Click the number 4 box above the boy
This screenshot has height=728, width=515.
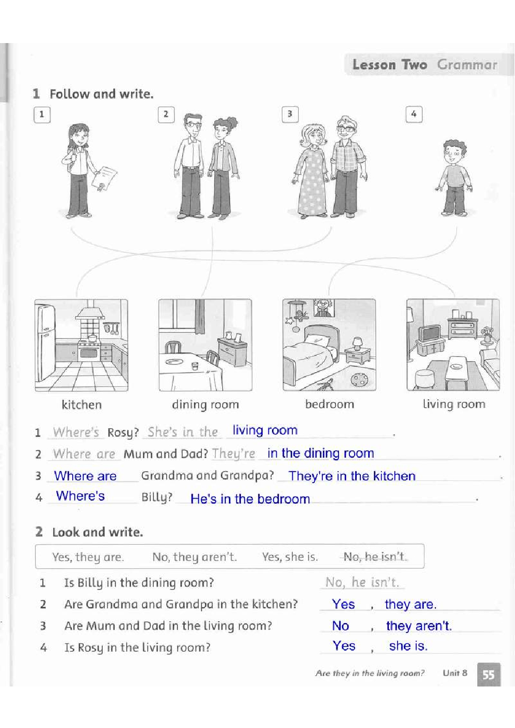[x=414, y=114]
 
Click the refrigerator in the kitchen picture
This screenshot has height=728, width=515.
[x=46, y=342]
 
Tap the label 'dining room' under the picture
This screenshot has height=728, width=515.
[x=206, y=405]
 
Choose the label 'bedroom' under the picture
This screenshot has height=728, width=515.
[x=329, y=404]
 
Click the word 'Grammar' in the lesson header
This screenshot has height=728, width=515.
[x=467, y=65]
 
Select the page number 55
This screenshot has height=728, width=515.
[x=489, y=675]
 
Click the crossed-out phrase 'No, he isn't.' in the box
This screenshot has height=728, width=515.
[x=374, y=557]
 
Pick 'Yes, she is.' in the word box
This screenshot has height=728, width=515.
[x=290, y=557]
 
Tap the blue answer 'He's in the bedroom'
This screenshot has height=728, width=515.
[x=250, y=499]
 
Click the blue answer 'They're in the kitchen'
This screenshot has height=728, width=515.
[x=352, y=476]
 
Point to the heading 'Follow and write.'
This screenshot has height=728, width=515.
[x=101, y=94]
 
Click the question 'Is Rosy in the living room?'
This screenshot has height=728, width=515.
[x=137, y=648]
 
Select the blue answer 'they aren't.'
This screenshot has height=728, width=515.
[x=419, y=626]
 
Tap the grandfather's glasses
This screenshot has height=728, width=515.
[x=345, y=129]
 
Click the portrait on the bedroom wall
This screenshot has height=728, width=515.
[x=324, y=308]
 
